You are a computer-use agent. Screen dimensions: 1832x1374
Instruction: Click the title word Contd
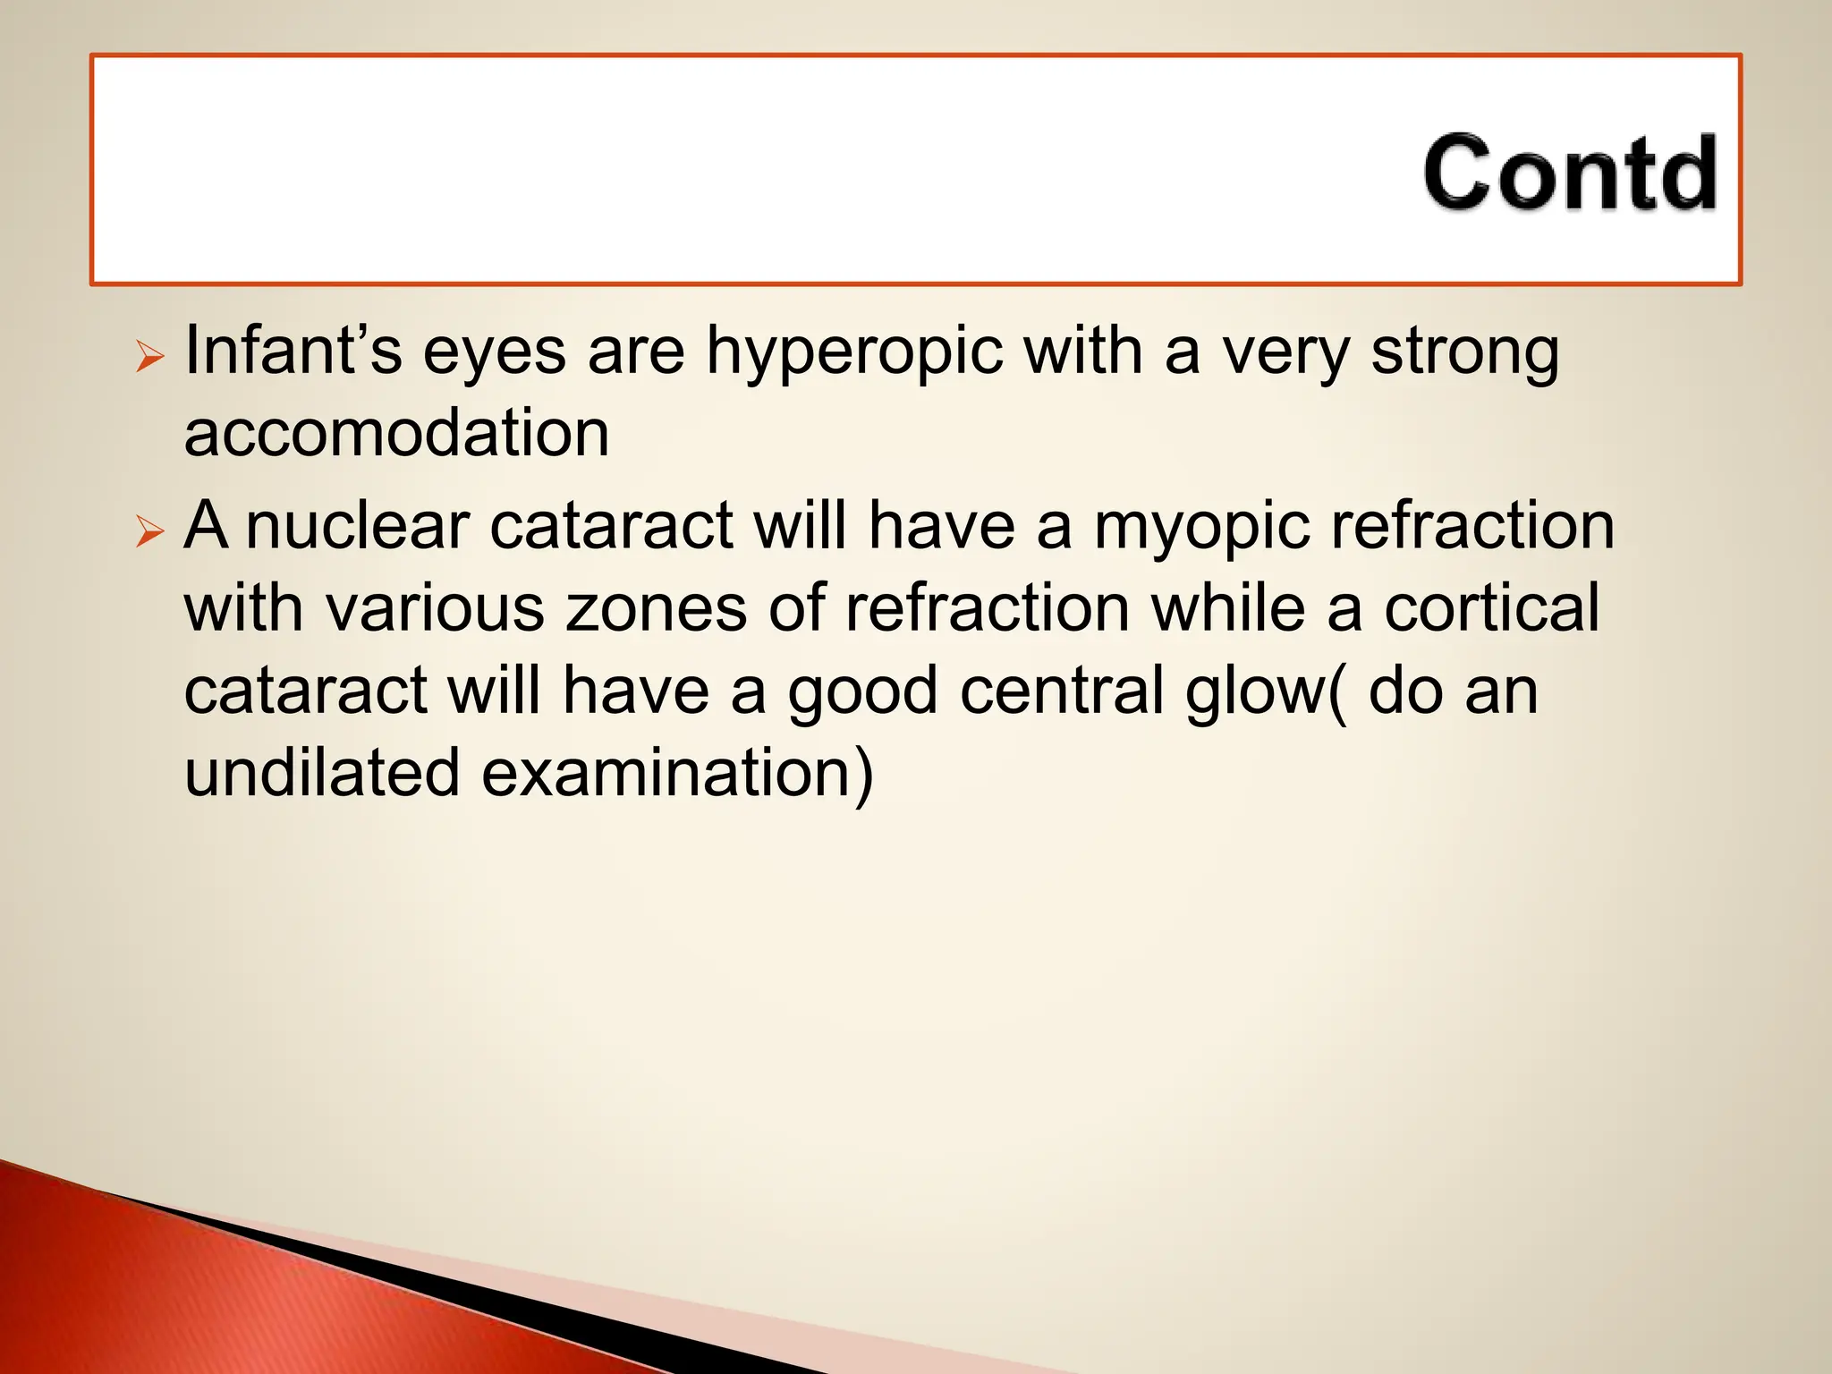[x=1570, y=173]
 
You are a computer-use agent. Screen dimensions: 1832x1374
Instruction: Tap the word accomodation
[x=396, y=433]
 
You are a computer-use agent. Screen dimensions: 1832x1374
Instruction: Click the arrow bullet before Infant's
[x=149, y=358]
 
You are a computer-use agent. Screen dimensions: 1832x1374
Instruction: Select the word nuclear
[x=357, y=525]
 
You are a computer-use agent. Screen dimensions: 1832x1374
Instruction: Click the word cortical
[x=1491, y=608]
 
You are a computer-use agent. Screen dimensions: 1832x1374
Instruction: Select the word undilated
[x=322, y=773]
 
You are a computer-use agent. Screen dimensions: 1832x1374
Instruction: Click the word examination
[x=676, y=773]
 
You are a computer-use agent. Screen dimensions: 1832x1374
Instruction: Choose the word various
[x=434, y=608]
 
